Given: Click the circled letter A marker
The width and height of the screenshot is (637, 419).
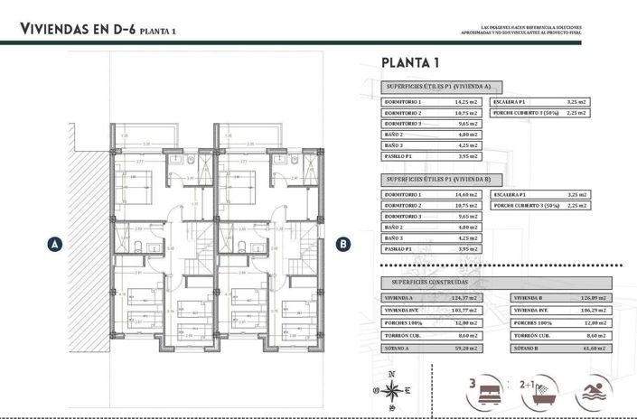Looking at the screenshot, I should (55, 244).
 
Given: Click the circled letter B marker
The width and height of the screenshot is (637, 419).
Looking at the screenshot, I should (342, 244).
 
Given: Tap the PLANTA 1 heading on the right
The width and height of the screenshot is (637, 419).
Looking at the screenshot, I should (410, 62).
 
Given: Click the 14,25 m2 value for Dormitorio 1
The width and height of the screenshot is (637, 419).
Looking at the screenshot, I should (464, 103).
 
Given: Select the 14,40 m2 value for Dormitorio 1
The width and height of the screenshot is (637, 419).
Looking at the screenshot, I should (464, 195).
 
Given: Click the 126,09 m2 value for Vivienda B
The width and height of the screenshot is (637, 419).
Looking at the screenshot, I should (592, 297).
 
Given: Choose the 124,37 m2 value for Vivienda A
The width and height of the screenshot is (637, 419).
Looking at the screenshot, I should (464, 297).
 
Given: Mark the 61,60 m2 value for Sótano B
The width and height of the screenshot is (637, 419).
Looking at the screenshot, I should (592, 348).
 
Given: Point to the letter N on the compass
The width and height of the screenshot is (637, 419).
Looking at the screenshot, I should (391, 374).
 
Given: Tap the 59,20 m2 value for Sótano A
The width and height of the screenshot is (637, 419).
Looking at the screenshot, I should (464, 348).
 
